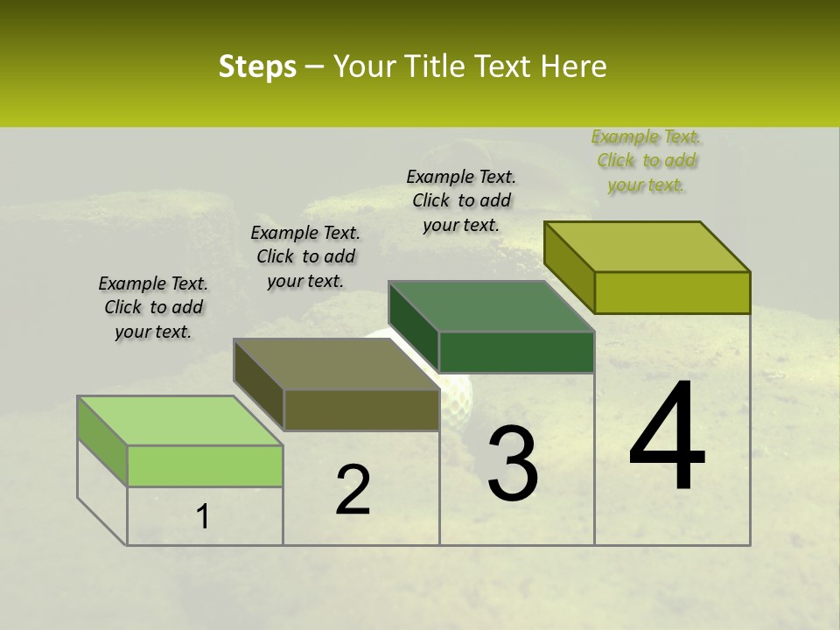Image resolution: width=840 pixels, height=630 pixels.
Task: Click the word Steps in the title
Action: (x=256, y=66)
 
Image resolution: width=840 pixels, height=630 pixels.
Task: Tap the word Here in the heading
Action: (x=572, y=66)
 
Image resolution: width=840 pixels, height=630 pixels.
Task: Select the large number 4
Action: (x=667, y=437)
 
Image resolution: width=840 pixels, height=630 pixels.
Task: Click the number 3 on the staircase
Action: (x=512, y=464)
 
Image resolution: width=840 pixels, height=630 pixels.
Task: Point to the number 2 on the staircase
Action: (x=353, y=490)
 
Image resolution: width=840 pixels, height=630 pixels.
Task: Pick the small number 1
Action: (x=202, y=517)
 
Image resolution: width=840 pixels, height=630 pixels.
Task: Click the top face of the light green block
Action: (x=179, y=421)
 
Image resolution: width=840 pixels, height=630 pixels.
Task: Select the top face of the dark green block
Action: (x=491, y=306)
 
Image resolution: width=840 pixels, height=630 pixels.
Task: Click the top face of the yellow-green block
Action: (x=647, y=247)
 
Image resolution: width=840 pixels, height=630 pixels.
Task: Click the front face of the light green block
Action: (x=205, y=465)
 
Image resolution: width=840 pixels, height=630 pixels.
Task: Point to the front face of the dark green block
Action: (x=516, y=352)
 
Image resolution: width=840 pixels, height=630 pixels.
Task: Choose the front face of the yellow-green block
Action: (x=672, y=292)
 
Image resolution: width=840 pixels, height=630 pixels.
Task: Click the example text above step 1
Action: (x=153, y=307)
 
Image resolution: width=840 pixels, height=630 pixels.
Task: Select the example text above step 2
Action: (x=305, y=256)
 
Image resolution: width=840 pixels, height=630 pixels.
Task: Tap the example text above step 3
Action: (x=461, y=200)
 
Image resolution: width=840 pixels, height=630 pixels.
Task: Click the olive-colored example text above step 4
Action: (x=647, y=160)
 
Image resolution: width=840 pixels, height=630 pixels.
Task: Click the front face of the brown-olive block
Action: (x=360, y=409)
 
